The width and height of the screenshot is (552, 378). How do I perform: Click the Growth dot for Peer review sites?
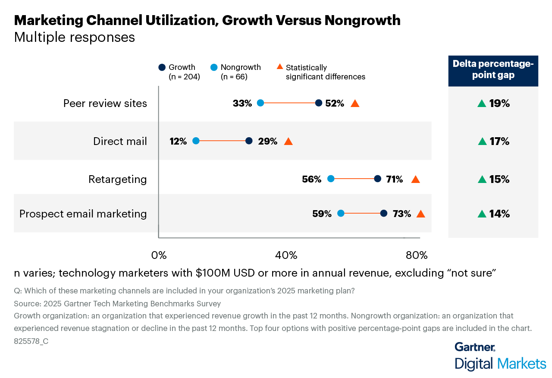coord(319,103)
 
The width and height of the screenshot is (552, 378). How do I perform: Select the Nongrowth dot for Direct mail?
coord(196,141)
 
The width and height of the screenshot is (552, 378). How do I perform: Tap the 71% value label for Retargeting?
coord(394,179)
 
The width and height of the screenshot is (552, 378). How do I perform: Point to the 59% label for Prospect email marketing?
coord(322,214)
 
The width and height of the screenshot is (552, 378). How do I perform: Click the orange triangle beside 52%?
coord(355,104)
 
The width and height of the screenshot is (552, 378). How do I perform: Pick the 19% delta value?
coord(499,104)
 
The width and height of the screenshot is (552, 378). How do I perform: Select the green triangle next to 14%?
coord(482,214)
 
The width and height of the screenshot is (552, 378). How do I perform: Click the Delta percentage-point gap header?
coord(493,69)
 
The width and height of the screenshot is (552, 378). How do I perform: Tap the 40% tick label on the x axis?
coord(286,255)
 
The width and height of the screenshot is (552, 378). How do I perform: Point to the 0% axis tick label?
coord(159,255)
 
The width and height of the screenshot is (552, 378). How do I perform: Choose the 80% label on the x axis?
coord(417,255)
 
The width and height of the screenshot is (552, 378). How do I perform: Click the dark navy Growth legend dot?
coord(162,67)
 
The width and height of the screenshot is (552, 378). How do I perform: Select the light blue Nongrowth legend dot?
coord(214,67)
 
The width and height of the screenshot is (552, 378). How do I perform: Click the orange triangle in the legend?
coord(279,67)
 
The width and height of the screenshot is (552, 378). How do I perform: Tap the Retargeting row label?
coord(118,179)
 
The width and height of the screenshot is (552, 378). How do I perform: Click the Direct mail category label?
coord(120,141)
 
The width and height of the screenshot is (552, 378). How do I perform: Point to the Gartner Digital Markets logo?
coord(500,356)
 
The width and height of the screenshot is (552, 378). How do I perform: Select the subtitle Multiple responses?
coord(75,38)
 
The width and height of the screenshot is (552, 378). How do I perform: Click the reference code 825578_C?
coord(31,341)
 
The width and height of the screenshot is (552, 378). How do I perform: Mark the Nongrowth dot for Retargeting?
coord(331,179)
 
